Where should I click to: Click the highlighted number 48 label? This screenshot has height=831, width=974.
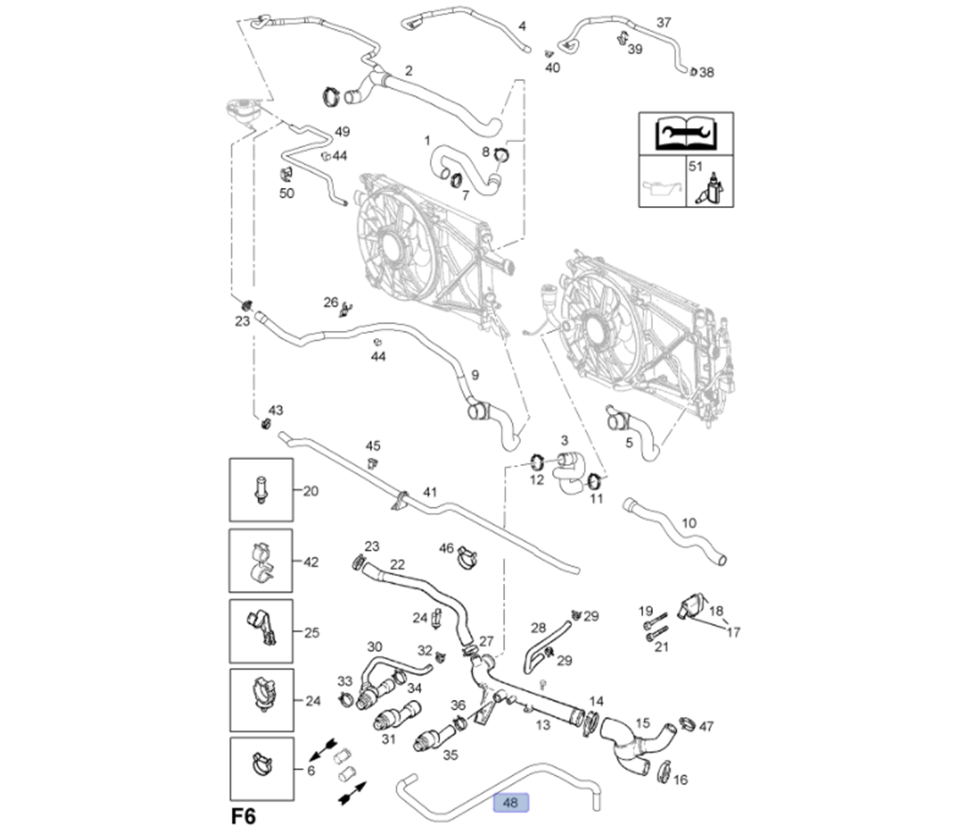click(x=511, y=802)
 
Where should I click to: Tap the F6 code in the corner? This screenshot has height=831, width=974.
click(x=243, y=816)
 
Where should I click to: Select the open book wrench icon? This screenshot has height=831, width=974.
click(x=686, y=133)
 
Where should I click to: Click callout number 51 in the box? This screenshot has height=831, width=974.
click(x=695, y=166)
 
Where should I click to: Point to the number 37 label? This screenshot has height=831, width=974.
click(x=663, y=23)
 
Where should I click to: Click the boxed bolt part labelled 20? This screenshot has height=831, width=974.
click(x=261, y=489)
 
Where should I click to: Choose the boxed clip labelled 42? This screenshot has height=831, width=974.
click(x=261, y=561)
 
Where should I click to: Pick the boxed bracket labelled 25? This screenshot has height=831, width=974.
click(x=261, y=631)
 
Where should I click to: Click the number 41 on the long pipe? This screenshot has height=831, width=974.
click(x=430, y=492)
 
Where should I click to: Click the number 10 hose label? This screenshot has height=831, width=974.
click(x=689, y=522)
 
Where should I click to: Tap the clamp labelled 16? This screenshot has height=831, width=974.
click(x=664, y=771)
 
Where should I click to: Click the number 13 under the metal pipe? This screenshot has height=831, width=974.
click(x=543, y=724)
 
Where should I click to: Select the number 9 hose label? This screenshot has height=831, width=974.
click(x=475, y=375)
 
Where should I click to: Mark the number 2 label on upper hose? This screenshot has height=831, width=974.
click(x=408, y=71)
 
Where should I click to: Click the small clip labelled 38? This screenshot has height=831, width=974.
click(x=693, y=71)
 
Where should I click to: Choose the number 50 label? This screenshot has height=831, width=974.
click(x=286, y=193)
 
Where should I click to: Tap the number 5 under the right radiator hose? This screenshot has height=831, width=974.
click(x=629, y=442)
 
